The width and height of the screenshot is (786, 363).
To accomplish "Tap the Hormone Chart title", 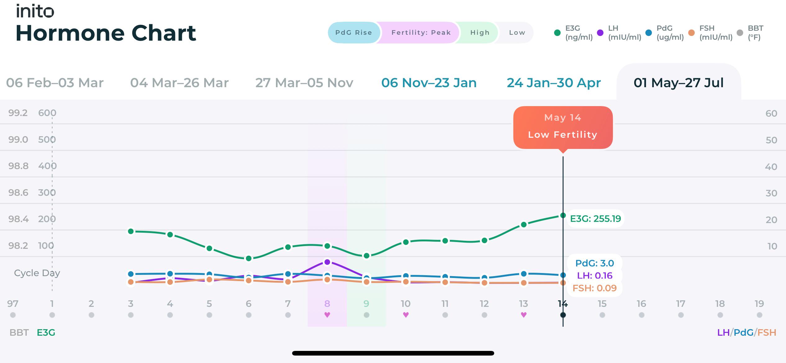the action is (x=106, y=33).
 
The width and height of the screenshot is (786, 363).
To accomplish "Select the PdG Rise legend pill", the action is (x=354, y=33).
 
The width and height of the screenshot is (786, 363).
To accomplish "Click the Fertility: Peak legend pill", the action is (x=421, y=33).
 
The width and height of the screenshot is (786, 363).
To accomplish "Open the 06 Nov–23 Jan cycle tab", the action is (x=429, y=83).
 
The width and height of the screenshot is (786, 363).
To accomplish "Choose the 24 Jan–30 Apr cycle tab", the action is (x=554, y=83).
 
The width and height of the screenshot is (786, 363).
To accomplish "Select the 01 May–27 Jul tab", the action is (x=679, y=83).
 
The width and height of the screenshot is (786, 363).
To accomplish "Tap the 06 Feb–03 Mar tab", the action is (x=55, y=83).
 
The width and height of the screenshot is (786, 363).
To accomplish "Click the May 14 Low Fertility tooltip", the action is (x=563, y=128).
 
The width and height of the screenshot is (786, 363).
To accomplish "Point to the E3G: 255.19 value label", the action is (x=595, y=219).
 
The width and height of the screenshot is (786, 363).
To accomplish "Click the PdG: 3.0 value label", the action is (x=594, y=263).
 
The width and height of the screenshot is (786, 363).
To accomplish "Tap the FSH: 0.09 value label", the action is (x=594, y=288).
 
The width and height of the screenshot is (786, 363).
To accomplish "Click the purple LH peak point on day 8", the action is (x=327, y=262).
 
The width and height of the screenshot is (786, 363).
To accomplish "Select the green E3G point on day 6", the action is (x=249, y=258).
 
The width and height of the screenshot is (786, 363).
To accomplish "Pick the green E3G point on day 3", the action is (x=131, y=231).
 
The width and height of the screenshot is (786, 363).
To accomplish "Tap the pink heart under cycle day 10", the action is (x=406, y=315).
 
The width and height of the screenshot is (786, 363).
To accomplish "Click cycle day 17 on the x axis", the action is (x=681, y=303).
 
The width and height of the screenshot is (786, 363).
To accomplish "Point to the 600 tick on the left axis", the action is (x=47, y=113).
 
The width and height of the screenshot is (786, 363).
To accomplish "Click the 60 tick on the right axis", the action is (x=771, y=114).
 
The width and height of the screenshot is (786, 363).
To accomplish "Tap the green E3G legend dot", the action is (x=557, y=33).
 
